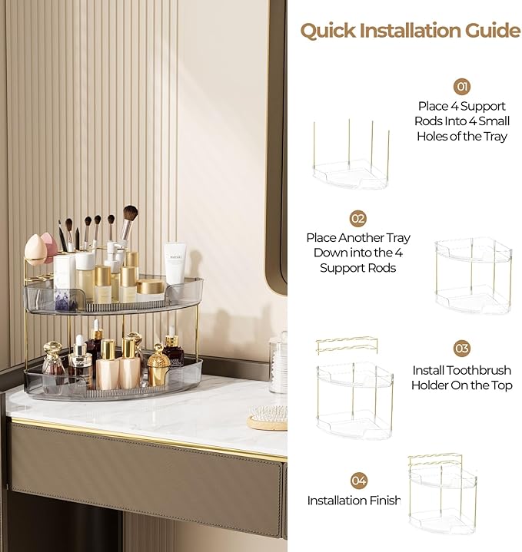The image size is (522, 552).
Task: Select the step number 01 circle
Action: coord(462,86)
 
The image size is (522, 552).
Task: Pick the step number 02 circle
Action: coord(357,219)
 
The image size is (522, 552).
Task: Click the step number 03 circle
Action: coord(461,349)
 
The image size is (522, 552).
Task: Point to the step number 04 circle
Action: coord(358,481)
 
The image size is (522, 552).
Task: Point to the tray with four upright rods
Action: coord(351,157)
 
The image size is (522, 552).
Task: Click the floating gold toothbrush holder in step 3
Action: coord(347,345)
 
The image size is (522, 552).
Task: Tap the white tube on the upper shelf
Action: coord(175,262)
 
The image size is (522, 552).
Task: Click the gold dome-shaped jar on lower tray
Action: coord(158,367)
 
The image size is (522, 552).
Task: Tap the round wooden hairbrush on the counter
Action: coord(268,417)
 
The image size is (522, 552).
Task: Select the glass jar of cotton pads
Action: coord(278,365)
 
